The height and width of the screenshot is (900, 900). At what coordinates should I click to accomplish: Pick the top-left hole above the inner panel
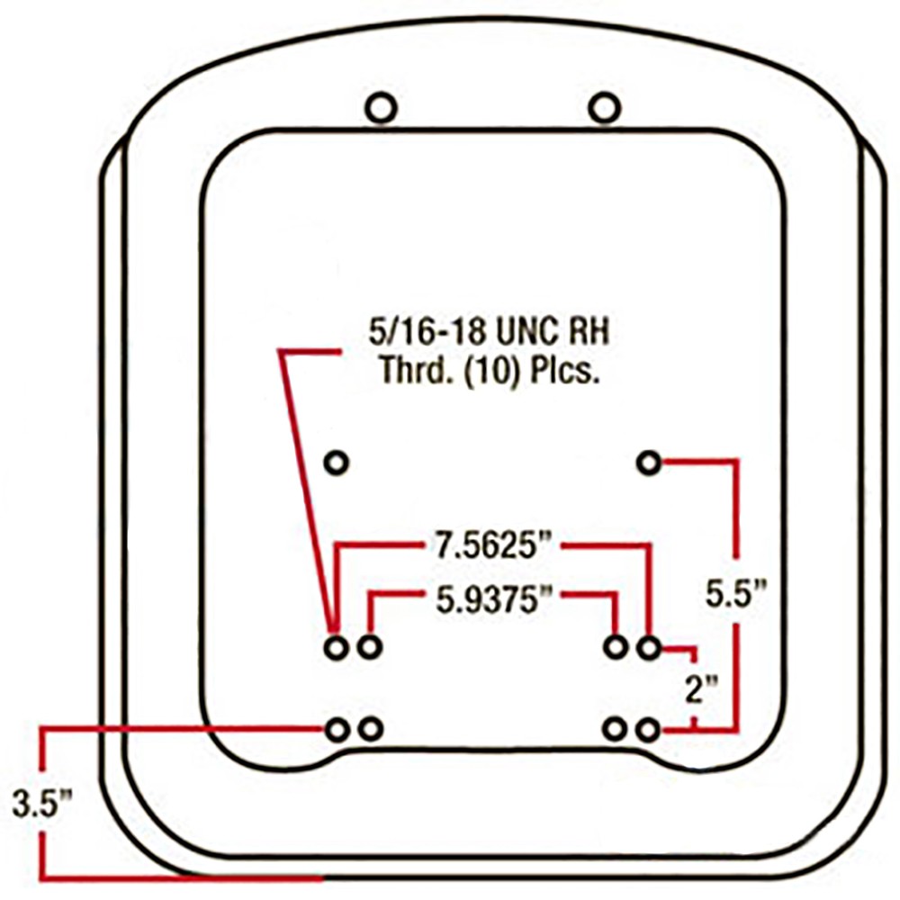(x=381, y=109)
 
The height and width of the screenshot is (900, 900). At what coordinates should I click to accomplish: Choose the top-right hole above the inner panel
(x=604, y=109)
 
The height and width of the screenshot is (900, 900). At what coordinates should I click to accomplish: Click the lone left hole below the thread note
(x=336, y=463)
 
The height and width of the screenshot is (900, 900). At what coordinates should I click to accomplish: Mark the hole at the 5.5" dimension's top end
(x=649, y=463)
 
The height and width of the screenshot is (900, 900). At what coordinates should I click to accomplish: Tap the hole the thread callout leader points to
(x=335, y=646)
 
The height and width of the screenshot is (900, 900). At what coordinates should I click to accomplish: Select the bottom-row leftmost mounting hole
(x=337, y=729)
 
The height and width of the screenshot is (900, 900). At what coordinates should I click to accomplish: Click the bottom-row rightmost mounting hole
(x=648, y=729)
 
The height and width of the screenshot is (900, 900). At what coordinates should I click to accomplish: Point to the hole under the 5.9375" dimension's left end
(x=369, y=646)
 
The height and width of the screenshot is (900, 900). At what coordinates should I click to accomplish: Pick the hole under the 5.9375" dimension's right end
(x=616, y=646)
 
